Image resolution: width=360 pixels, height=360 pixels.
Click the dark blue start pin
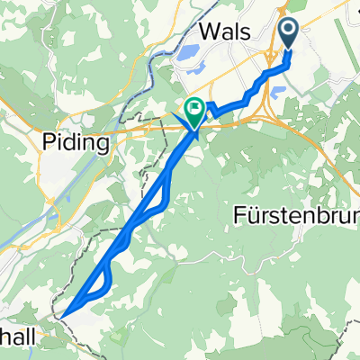291,34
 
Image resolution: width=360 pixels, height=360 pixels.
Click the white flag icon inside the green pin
193,108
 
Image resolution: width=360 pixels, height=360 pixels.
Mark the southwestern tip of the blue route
63,316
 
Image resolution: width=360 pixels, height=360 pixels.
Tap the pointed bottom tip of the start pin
291,49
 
